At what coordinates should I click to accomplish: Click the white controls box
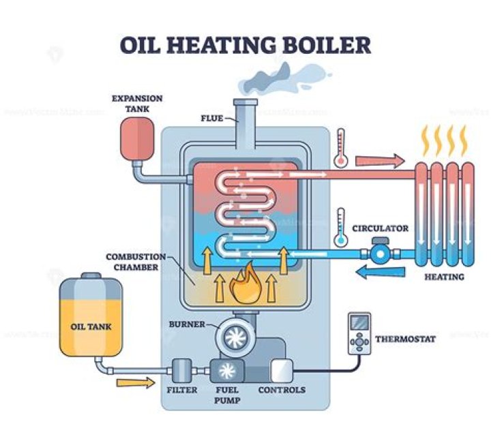[x=282, y=370]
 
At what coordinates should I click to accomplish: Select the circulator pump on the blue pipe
[x=379, y=252]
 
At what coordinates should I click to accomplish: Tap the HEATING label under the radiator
[x=444, y=277]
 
